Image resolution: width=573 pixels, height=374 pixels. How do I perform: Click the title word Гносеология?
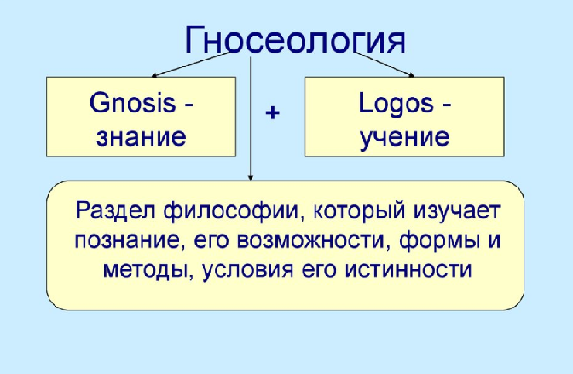point(295,39)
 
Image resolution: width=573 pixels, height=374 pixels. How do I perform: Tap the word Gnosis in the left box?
point(133,102)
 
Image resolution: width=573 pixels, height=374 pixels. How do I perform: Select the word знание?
point(142,137)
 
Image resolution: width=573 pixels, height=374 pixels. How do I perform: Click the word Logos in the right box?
point(396,104)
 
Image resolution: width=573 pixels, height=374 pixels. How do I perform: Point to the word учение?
point(404,138)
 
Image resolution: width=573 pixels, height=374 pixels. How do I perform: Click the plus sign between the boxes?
point(272,112)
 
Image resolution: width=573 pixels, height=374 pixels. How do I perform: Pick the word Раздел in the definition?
point(116,210)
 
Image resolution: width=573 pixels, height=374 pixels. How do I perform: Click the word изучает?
point(457,211)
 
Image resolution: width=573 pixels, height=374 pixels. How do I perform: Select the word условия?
point(247,271)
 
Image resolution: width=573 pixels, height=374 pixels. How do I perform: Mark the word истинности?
point(408,270)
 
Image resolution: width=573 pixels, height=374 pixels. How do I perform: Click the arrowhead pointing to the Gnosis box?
point(153,76)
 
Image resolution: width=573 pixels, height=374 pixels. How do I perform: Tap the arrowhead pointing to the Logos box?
point(412,75)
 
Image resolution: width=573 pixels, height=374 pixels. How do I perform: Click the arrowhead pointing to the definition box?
point(251,178)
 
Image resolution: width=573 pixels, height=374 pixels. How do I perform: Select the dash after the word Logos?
point(447,106)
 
